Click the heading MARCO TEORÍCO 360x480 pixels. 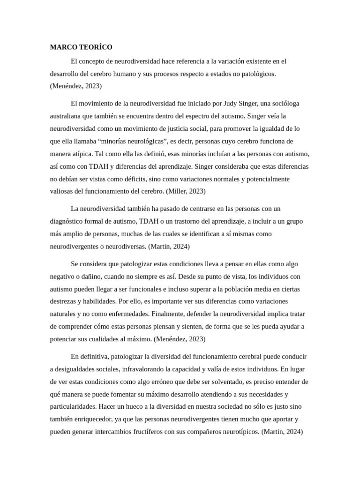pyautogui.click(x=81, y=47)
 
